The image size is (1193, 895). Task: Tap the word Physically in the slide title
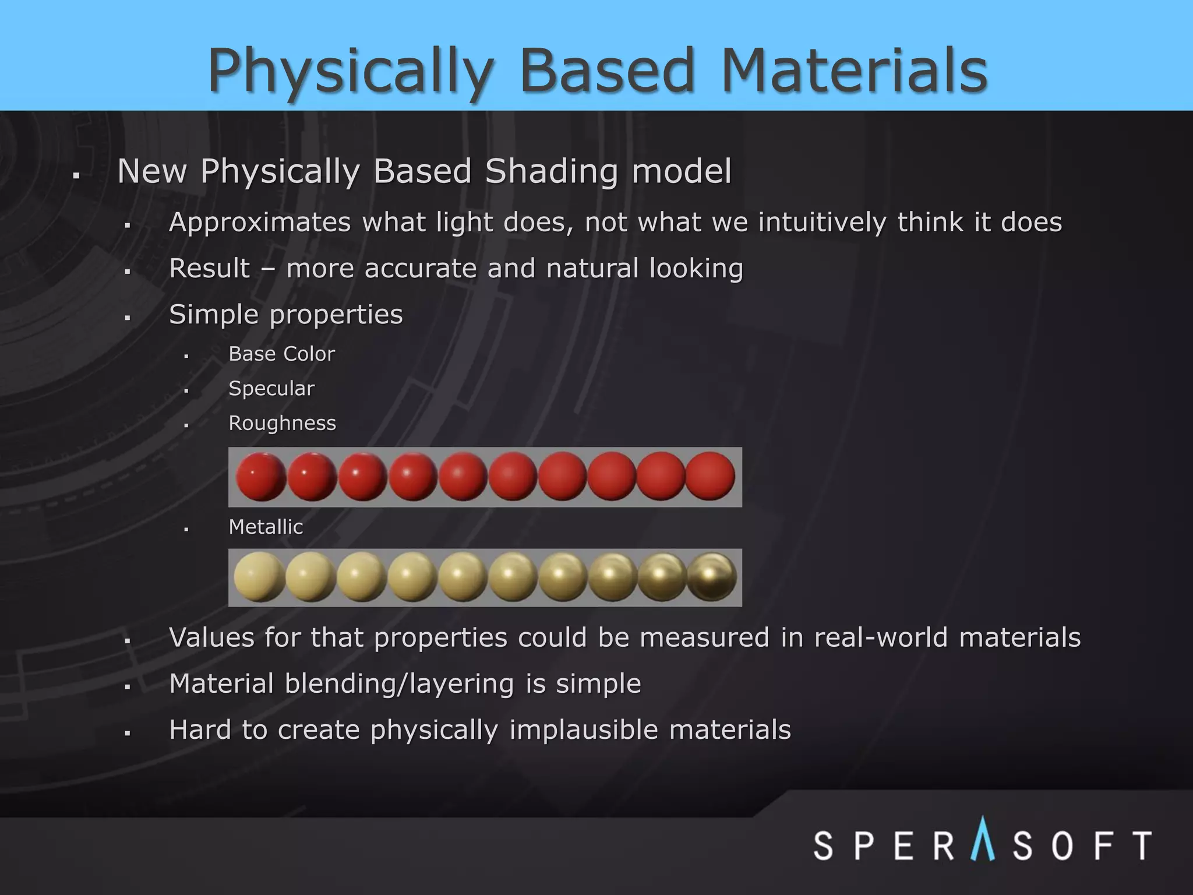[351, 71]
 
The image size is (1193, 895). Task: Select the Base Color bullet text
[281, 354]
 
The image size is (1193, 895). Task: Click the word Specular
[271, 388]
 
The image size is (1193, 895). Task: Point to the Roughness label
[282, 423]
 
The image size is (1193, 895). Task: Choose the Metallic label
[266, 527]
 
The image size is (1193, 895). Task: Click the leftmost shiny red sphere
[260, 477]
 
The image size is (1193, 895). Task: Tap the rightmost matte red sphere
[710, 476]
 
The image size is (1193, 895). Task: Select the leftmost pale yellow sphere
[259, 577]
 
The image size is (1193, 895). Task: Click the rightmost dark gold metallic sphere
[712, 577]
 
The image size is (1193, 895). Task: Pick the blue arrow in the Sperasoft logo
[983, 839]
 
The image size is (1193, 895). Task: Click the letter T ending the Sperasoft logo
[1140, 845]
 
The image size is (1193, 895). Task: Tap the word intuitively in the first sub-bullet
[823, 223]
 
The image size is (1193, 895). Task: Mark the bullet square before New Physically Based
[76, 175]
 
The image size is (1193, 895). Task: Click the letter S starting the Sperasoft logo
[823, 845]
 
